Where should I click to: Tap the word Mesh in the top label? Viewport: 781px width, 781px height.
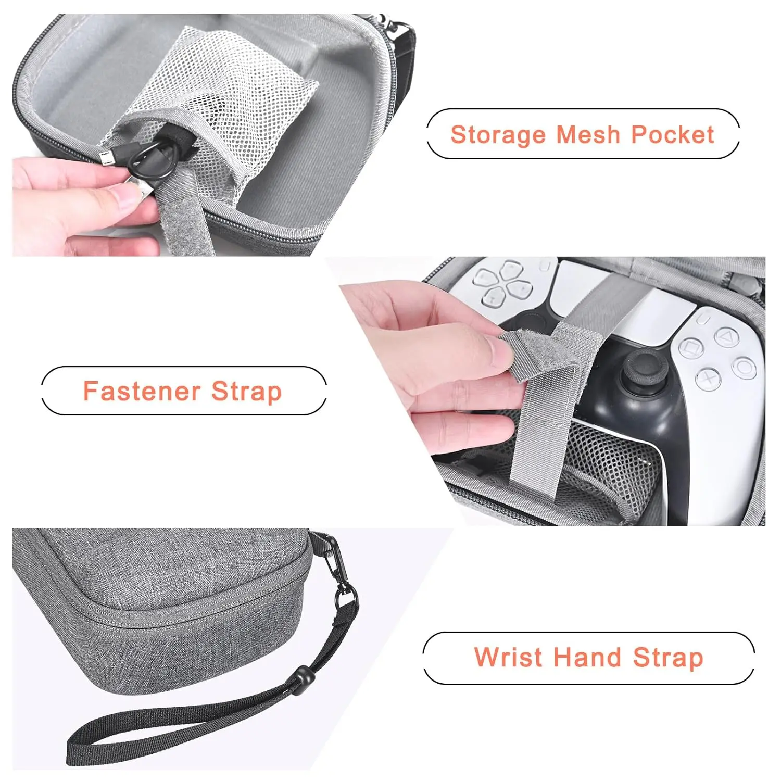click(x=588, y=134)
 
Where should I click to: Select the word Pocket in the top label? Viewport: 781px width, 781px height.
click(x=672, y=134)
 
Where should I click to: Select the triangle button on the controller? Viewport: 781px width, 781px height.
click(x=724, y=336)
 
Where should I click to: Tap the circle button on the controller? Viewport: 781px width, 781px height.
click(x=745, y=368)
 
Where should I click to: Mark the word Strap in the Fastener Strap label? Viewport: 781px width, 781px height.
click(x=247, y=391)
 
